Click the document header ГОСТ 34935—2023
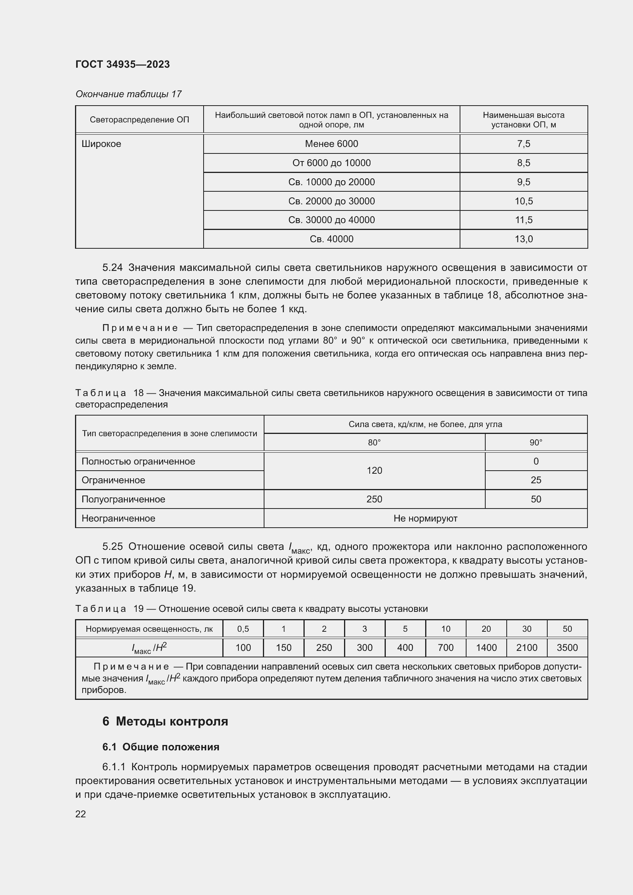pyautogui.click(x=122, y=64)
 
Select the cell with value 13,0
pyautogui.click(x=524, y=239)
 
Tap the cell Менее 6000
pyautogui.click(x=331, y=144)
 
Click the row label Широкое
pyautogui.click(x=101, y=144)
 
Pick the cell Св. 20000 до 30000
pyautogui.click(x=331, y=201)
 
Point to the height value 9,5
pyautogui.click(x=524, y=182)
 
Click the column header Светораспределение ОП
pyautogui.click(x=139, y=120)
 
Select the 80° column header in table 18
pyautogui.click(x=374, y=442)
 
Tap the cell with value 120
pyautogui.click(x=374, y=471)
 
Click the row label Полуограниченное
pyautogui.click(x=123, y=499)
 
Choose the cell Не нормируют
pyautogui.click(x=425, y=518)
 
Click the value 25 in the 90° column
pyautogui.click(x=536, y=480)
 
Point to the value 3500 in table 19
pyautogui.click(x=567, y=647)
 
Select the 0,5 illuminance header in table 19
pyautogui.click(x=243, y=629)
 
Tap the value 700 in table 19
pyautogui.click(x=445, y=647)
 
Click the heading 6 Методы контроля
pyautogui.click(x=165, y=721)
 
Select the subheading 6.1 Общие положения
pyautogui.click(x=161, y=747)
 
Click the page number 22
pyautogui.click(x=81, y=814)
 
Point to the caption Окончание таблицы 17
pyautogui.click(x=128, y=94)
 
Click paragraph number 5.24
pyautogui.click(x=112, y=268)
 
